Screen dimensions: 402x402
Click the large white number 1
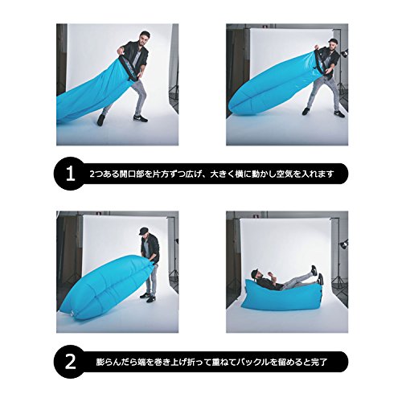pyautogui.click(x=70, y=174)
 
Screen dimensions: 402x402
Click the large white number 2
pyautogui.click(x=71, y=362)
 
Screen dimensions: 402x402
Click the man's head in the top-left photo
pyautogui.click(x=144, y=38)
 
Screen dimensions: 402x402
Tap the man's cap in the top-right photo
pyautogui.click(x=333, y=41)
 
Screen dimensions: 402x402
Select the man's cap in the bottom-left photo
pyautogui.click(x=145, y=231)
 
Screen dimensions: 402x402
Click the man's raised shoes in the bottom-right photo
pyautogui.click(x=317, y=275)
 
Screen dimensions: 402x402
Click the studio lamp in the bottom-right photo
pyautogui.click(x=344, y=244)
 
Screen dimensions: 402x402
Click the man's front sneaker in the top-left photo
pyautogui.click(x=141, y=118)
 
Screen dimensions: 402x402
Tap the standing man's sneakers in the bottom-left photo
pyautogui.click(x=147, y=297)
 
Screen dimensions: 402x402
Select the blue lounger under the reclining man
pyautogui.click(x=281, y=296)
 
